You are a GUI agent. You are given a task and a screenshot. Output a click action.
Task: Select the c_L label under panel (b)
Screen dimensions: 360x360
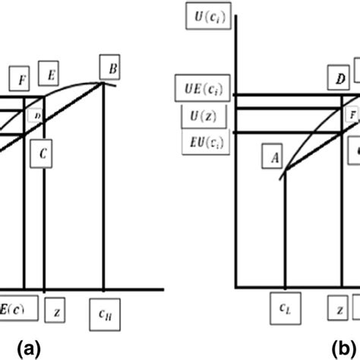(284, 310)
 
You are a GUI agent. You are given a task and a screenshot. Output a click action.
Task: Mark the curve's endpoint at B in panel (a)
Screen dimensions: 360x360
(103, 84)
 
